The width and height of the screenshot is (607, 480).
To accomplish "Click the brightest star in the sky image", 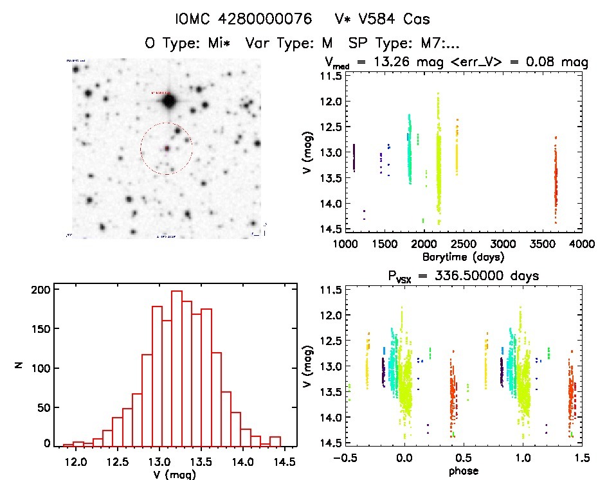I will pos(169,101).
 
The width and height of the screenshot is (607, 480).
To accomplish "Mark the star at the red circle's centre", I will pos(167,148).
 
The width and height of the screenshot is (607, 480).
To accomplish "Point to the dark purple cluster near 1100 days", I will pos(354,157).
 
